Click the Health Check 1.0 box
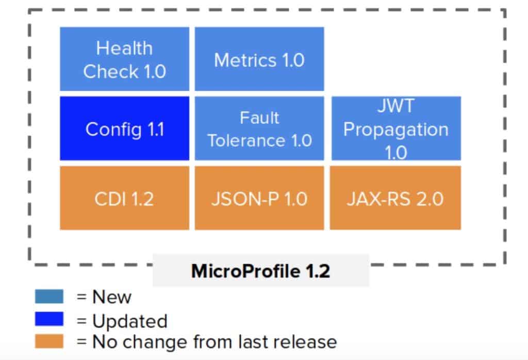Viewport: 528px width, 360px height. [124, 59]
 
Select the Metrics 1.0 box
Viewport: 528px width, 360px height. [259, 59]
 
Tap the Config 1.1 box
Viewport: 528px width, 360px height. [124, 128]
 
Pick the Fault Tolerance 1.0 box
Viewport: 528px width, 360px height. [259, 128]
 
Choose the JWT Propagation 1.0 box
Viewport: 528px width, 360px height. [395, 128]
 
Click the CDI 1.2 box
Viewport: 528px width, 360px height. [124, 198]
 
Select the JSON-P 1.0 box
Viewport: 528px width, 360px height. [259, 198]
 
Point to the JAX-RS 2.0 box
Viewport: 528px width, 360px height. [395, 198]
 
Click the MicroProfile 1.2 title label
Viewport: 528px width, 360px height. [260, 271]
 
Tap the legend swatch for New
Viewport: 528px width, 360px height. [49, 297]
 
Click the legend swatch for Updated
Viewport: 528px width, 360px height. [49, 319]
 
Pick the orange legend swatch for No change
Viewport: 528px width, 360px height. [49, 341]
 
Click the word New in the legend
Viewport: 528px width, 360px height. [112, 297]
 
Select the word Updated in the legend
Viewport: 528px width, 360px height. [130, 321]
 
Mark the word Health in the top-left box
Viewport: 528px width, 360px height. [124, 48]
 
